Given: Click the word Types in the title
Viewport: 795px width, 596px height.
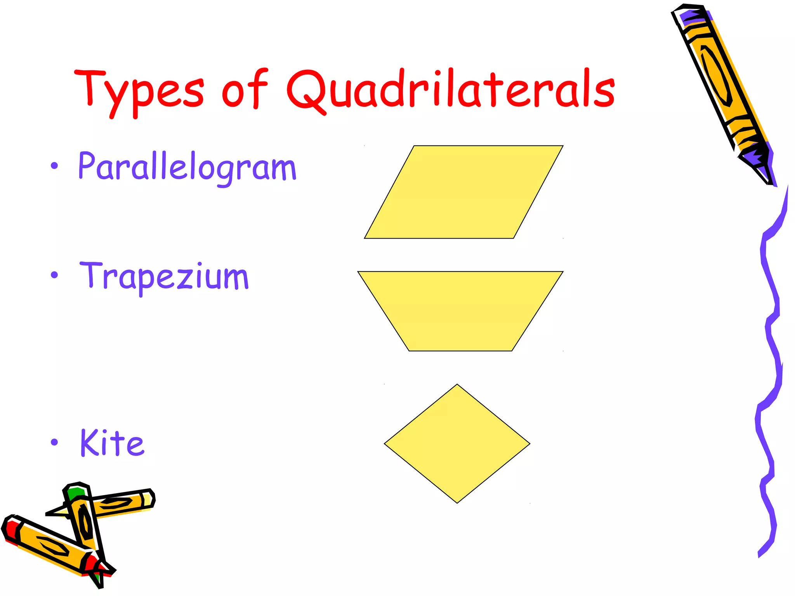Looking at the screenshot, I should pyautogui.click(x=139, y=91).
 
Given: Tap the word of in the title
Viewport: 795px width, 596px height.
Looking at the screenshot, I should pyautogui.click(x=245, y=89).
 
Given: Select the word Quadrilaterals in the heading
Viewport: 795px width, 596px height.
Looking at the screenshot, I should pyautogui.click(x=450, y=89).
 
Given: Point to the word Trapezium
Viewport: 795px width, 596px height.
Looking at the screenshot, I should pyautogui.click(x=164, y=276).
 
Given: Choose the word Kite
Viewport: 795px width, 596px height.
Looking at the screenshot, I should pyautogui.click(x=112, y=443).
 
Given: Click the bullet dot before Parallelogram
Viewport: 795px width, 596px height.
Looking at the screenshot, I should pyautogui.click(x=54, y=166).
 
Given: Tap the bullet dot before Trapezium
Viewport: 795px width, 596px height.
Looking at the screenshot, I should pyautogui.click(x=54, y=275).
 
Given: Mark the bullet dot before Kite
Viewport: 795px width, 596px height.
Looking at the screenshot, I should pyautogui.click(x=54, y=442).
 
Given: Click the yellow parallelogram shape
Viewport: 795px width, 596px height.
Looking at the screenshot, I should pyautogui.click(x=463, y=192).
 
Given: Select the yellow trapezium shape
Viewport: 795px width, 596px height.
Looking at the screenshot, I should pyautogui.click(x=460, y=310).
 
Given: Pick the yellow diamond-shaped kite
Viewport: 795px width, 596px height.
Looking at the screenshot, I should pyautogui.click(x=457, y=444).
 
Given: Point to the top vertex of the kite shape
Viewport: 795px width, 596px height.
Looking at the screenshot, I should pyautogui.click(x=457, y=385).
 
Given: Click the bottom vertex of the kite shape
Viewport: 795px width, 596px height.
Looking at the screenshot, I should pyautogui.click(x=457, y=503).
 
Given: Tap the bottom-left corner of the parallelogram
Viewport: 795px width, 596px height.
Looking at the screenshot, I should pyautogui.click(x=365, y=238).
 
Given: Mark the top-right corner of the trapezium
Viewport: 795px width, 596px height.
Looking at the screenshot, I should pyautogui.click(x=562, y=272).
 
